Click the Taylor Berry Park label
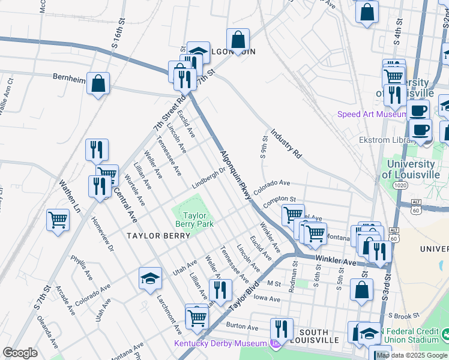(x=195, y=220)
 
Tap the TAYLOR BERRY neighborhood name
(x=158, y=236)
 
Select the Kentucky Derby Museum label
(x=221, y=343)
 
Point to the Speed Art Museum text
(x=372, y=114)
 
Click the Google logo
(x=20, y=353)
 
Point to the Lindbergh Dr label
(x=208, y=178)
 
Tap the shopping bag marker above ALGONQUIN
(x=238, y=40)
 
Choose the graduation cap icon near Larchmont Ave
(x=150, y=278)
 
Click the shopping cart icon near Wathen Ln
(x=58, y=220)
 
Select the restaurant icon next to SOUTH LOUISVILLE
(x=281, y=328)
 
